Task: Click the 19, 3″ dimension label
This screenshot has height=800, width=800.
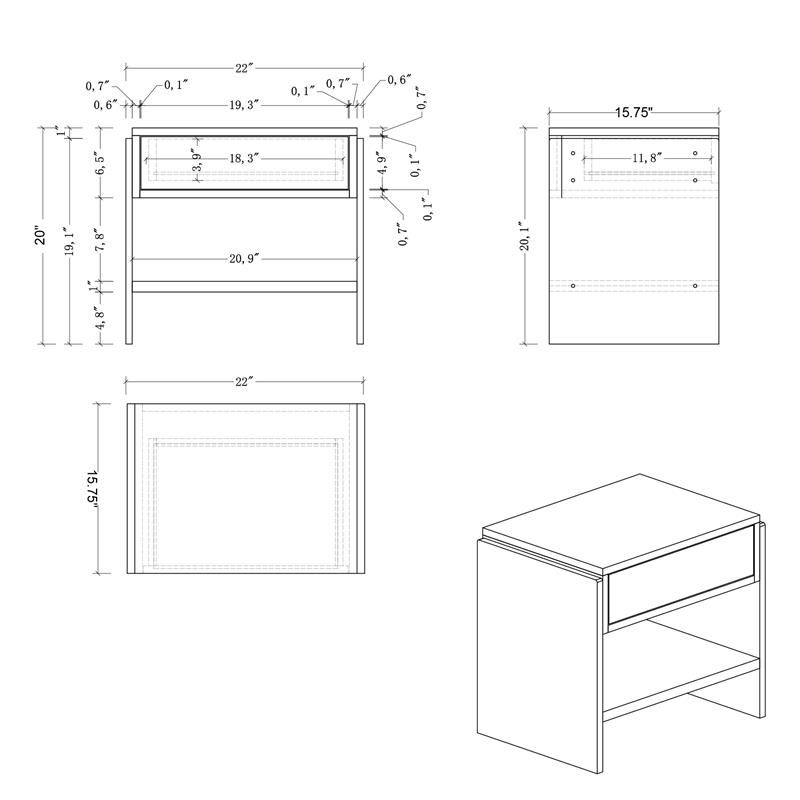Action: tap(244, 106)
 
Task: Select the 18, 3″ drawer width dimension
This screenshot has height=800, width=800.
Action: tap(244, 159)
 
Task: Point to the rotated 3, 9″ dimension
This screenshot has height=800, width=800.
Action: tap(197, 160)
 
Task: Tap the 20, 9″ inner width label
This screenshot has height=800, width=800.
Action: tap(244, 259)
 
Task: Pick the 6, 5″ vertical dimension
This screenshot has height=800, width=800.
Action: tap(101, 163)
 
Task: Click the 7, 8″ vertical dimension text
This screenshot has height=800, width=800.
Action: tap(101, 239)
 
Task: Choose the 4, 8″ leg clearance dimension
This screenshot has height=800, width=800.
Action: tap(101, 317)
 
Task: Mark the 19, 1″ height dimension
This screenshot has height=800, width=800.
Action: tap(71, 240)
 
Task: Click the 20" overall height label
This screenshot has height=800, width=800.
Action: tap(40, 235)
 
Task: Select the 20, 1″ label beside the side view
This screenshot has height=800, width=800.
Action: tap(524, 236)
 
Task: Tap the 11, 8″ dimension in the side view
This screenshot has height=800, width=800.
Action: tap(647, 158)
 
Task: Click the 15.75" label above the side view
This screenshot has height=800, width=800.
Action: tap(634, 113)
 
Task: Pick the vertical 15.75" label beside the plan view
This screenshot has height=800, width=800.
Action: tap(92, 488)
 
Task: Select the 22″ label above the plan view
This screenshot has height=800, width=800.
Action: tap(244, 382)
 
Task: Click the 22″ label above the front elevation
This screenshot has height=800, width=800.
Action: tap(244, 68)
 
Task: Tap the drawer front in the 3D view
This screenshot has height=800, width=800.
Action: tap(681, 575)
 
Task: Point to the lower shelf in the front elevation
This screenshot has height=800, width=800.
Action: tap(244, 287)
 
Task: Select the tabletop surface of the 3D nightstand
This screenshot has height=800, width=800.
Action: tap(621, 521)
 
